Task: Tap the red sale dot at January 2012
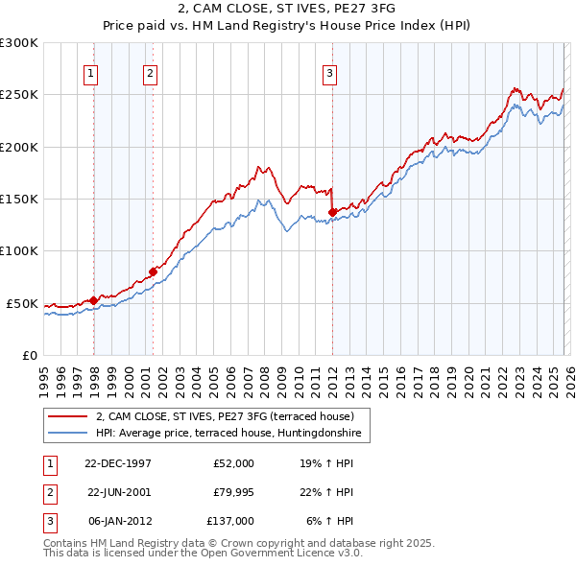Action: pos(332,212)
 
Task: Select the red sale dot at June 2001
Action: pos(154,271)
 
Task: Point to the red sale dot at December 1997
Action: pos(94,300)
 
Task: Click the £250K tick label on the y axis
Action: pos(19,95)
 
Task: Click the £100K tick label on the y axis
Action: pos(19,251)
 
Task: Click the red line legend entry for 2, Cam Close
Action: pos(225,416)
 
